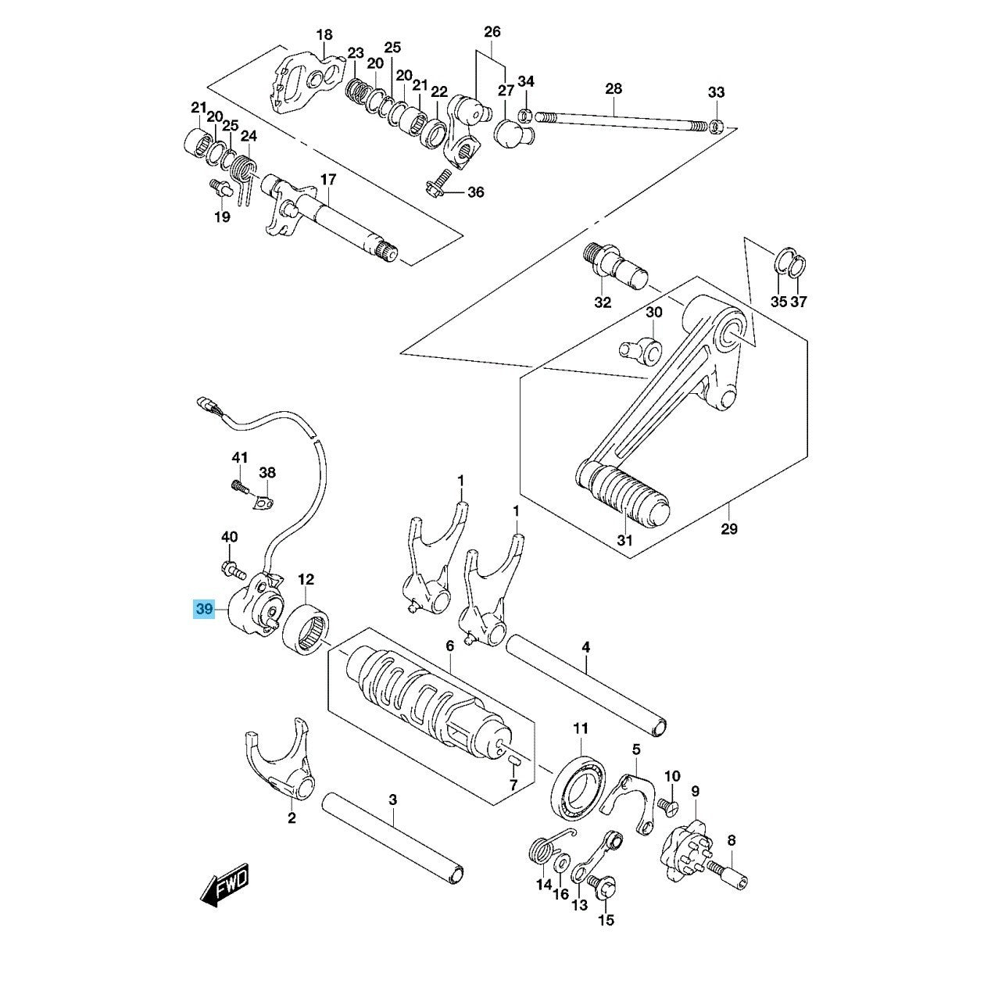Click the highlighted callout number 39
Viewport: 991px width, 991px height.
coord(204,609)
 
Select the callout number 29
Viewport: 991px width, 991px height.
coord(730,528)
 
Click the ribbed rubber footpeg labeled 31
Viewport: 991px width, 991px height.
coord(622,492)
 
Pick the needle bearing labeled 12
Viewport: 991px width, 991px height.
coord(308,629)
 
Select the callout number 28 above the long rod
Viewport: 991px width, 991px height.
coord(614,90)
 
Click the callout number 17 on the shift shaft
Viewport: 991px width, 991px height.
coord(328,180)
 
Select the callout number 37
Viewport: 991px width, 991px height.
coord(798,302)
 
